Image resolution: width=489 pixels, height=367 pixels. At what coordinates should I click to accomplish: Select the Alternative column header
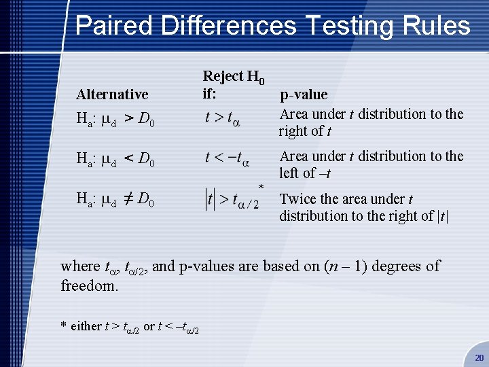tap(112, 94)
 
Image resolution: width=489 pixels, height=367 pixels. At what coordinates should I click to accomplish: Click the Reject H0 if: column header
tap(234, 84)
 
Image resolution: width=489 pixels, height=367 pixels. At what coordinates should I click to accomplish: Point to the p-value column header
tap(304, 94)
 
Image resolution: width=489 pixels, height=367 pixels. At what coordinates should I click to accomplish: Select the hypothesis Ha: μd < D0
tap(115, 160)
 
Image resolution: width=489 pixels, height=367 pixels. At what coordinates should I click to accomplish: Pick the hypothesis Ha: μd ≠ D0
tap(115, 200)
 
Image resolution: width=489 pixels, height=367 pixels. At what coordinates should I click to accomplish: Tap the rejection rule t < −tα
tap(228, 159)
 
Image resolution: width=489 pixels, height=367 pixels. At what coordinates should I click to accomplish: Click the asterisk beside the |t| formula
tap(261, 186)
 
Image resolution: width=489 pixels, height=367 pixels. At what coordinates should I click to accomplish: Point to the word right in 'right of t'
tap(293, 131)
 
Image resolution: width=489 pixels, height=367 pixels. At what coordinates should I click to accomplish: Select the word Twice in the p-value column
tap(297, 199)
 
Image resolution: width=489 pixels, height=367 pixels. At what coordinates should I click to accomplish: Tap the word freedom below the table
tap(90, 285)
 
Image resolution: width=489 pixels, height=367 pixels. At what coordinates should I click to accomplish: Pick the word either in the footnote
tap(86, 326)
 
